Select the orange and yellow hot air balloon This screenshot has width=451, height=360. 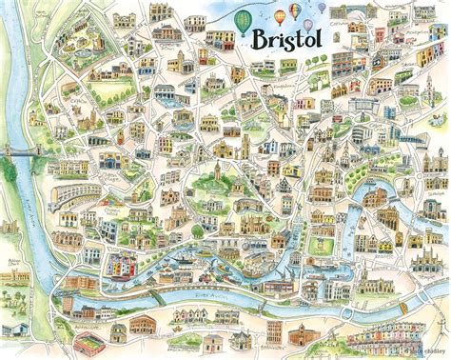280,17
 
